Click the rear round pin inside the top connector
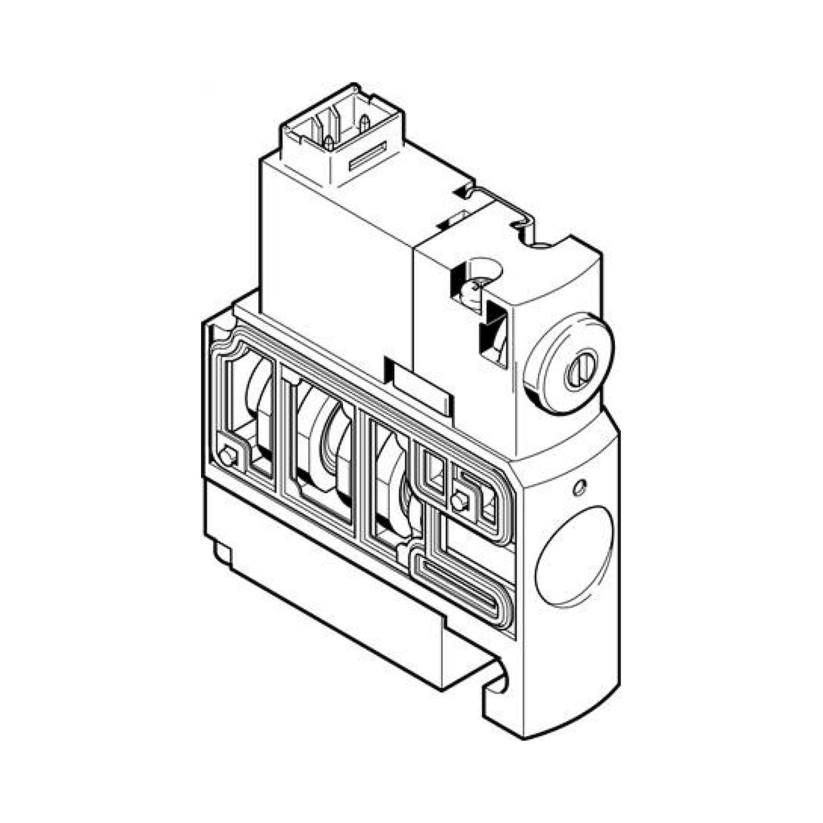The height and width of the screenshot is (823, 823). [x=364, y=123]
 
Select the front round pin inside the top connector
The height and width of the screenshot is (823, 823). [x=328, y=143]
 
